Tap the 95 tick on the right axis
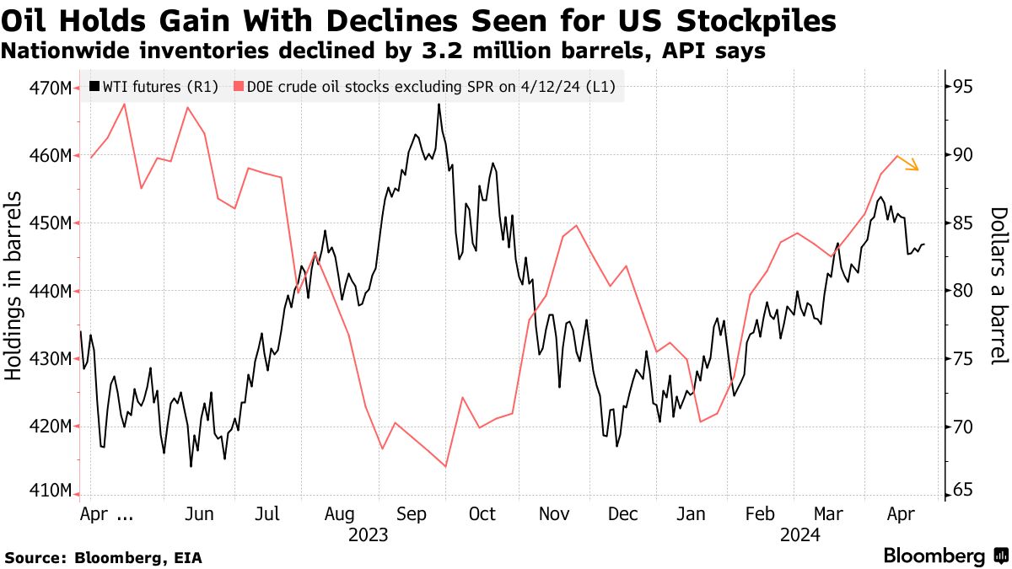click(964, 88)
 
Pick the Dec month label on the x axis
click(622, 513)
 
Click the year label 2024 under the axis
click(801, 534)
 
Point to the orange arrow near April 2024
click(908, 163)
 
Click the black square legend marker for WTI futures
click(94, 86)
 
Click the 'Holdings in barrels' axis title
click(14, 285)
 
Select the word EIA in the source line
click(186, 557)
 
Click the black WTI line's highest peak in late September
click(439, 105)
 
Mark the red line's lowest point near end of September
click(444, 466)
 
